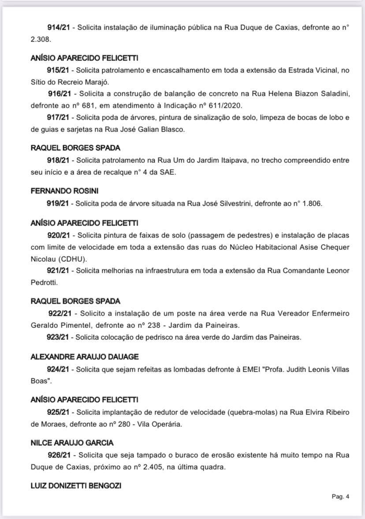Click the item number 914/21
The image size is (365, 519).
click(x=58, y=27)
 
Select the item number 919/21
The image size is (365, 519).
click(x=58, y=204)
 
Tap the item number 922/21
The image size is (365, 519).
click(x=59, y=313)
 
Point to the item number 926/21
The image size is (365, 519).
click(x=59, y=455)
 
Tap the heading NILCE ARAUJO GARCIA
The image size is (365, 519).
click(x=72, y=443)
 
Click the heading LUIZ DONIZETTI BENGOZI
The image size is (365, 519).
click(x=76, y=486)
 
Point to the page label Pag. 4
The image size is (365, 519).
click(x=340, y=496)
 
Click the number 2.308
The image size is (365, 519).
click(x=41, y=39)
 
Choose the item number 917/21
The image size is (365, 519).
click(x=58, y=117)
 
